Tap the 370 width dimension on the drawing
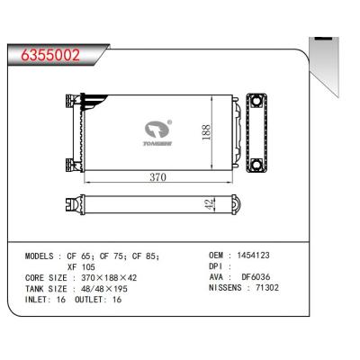(x=156, y=178)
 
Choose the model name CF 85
(x=145, y=256)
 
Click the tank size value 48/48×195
(x=112, y=291)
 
